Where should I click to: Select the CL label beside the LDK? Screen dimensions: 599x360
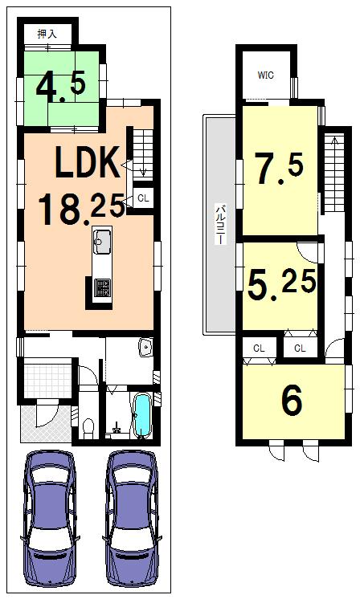[142, 198]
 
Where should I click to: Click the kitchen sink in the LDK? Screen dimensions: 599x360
[102, 240]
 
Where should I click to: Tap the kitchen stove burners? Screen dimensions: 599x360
[103, 287]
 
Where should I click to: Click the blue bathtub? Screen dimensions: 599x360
[144, 414]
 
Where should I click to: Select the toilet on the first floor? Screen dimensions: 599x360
[88, 426]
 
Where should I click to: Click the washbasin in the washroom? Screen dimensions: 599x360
[145, 348]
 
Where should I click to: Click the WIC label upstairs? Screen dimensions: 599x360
[265, 75]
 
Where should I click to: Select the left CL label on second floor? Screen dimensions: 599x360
[259, 348]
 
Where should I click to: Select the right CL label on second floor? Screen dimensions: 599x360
[299, 348]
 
